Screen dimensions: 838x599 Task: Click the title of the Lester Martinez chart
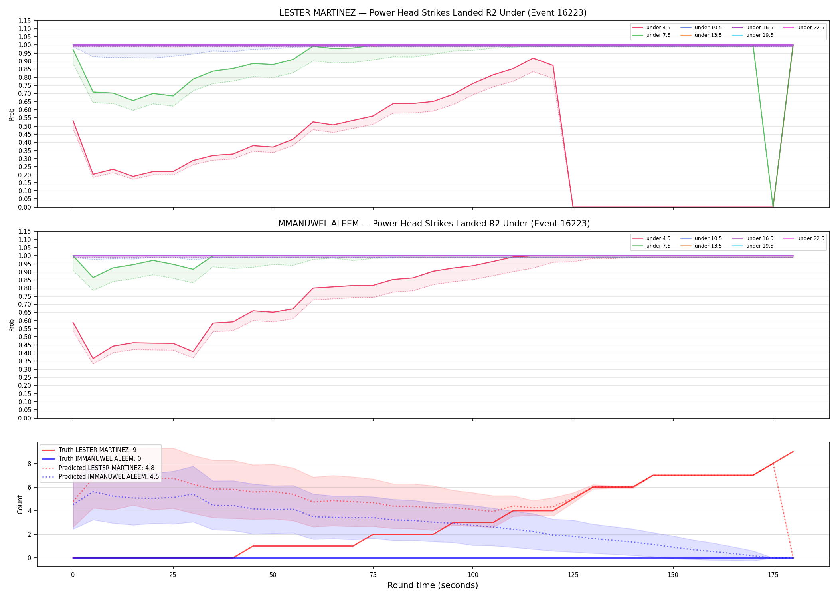point(433,13)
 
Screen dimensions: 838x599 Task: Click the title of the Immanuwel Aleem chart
point(433,224)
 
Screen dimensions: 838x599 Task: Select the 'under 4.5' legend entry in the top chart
point(652,28)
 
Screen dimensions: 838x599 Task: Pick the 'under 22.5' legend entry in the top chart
point(804,28)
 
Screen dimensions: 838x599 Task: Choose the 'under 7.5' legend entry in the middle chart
point(652,246)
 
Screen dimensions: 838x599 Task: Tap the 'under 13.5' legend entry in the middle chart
point(701,246)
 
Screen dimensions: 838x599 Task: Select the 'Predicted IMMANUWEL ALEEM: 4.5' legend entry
point(100,476)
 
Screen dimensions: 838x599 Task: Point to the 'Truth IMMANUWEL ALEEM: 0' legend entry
point(91,459)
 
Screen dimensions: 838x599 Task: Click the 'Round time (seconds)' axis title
point(433,585)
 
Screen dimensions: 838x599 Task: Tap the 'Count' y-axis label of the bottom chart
point(20,504)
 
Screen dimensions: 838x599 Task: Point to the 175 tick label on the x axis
point(773,575)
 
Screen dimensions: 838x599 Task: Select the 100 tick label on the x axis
point(473,575)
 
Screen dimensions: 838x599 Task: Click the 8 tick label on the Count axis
point(29,464)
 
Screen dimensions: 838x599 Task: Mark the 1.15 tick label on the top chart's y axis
point(25,21)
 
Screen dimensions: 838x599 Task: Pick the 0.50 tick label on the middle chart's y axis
point(25,337)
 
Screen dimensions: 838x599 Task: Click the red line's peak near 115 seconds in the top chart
point(533,58)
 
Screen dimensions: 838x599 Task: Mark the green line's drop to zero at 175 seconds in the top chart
point(773,207)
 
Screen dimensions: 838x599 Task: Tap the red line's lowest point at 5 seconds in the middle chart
point(93,359)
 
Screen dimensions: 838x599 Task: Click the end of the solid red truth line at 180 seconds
point(793,452)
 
